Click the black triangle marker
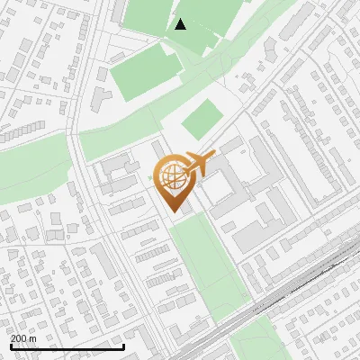point(181,24)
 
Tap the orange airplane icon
point(201,163)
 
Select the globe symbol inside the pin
point(173,177)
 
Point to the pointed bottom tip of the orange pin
point(173,212)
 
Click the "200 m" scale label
point(23,337)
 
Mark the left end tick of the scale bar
point(10,346)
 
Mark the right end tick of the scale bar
point(123,346)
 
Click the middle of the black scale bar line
point(67,346)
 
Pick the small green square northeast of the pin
point(202,119)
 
